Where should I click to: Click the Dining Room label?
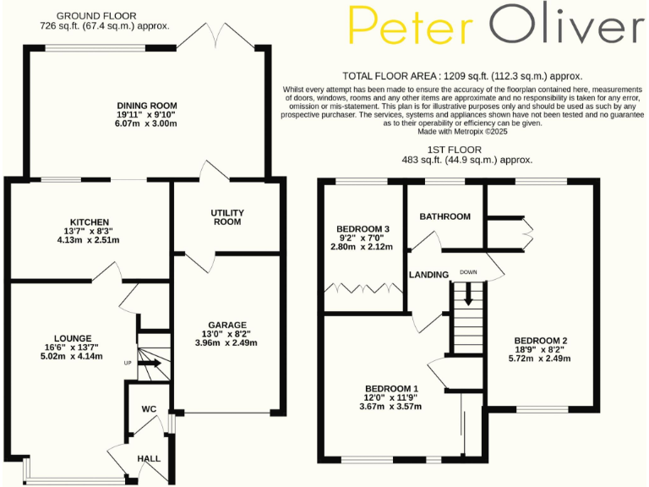[x=147, y=106]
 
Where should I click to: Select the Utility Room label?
[x=227, y=217]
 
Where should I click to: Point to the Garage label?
[x=227, y=324]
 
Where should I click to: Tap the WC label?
[x=150, y=409]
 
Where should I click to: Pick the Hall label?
[x=149, y=458]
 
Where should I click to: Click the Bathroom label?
[x=444, y=216]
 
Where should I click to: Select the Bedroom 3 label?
[x=363, y=229]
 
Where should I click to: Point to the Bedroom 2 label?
[x=542, y=341]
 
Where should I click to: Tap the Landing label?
[x=428, y=276]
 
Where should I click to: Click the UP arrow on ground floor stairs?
[x=150, y=364]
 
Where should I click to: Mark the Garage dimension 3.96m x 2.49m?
[x=227, y=342]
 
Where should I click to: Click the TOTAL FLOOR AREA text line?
[x=462, y=75]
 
